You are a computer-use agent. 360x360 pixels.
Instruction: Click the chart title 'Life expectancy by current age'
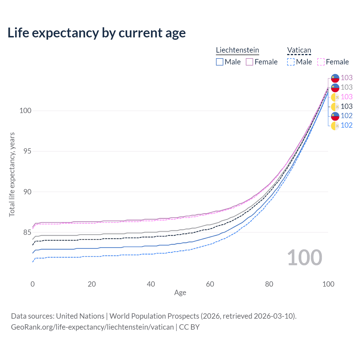[96, 33]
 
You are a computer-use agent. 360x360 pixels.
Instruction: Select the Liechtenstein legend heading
[237, 50]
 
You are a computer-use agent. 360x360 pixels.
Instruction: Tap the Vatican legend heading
[299, 50]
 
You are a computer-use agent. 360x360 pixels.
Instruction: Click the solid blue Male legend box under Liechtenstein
[219, 62]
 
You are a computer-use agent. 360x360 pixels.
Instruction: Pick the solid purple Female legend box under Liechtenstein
[249, 62]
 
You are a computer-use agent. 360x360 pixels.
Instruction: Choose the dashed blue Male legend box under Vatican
[291, 62]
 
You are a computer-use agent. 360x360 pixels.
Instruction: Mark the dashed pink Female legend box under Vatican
[321, 62]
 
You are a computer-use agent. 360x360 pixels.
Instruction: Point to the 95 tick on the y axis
[27, 151]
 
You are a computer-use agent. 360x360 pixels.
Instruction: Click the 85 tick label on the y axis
[27, 232]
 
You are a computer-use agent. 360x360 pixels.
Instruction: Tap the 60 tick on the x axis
[210, 284]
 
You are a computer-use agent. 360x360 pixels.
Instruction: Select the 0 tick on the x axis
[33, 284]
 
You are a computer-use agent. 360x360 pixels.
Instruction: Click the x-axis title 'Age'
[180, 293]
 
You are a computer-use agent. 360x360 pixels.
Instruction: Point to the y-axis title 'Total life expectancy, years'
[12, 175]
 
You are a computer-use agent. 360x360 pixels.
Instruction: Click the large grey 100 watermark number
[305, 258]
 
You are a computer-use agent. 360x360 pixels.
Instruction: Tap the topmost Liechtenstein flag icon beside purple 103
[335, 78]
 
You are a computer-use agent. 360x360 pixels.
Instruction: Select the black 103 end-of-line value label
[346, 106]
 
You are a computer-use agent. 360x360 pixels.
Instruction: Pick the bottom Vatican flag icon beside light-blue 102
[335, 126]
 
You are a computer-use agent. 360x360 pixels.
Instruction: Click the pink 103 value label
[346, 97]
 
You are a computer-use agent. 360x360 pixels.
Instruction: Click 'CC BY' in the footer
[189, 327]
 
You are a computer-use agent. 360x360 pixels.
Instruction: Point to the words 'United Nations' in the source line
[80, 316]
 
